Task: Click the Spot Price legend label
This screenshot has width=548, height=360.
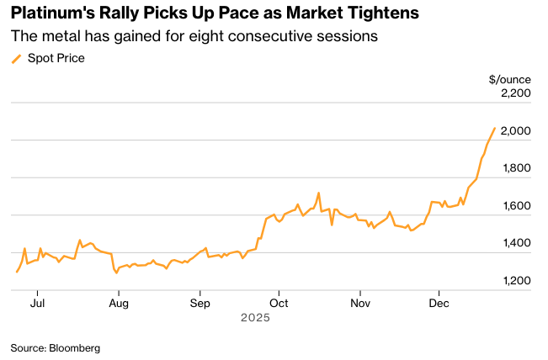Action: (56, 58)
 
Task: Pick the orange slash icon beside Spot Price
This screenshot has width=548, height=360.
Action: (16, 58)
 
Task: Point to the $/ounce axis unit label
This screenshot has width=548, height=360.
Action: (509, 79)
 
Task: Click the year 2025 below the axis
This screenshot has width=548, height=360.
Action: (255, 318)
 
